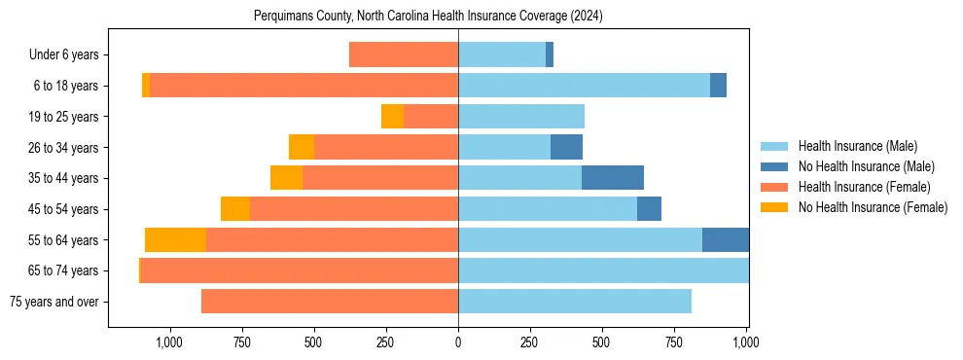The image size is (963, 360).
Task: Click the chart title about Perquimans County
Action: tap(428, 17)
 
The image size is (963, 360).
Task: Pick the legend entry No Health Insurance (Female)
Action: tap(873, 207)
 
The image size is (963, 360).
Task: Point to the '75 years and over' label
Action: tap(53, 302)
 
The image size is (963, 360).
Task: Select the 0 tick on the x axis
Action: tap(458, 342)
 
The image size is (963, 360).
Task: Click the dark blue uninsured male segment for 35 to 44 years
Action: tap(613, 178)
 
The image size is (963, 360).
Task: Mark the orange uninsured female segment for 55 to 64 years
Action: tap(175, 240)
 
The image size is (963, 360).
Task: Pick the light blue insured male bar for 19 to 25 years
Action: tap(521, 117)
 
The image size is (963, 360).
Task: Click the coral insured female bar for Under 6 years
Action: tap(404, 55)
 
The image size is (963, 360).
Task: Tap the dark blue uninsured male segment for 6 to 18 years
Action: tap(718, 86)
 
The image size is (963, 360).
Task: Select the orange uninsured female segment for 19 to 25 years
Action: tap(392, 117)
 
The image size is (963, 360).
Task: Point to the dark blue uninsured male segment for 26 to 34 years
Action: tap(566, 148)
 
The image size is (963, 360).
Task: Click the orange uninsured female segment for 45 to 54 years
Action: tap(235, 209)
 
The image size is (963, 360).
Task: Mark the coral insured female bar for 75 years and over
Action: tap(330, 302)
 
